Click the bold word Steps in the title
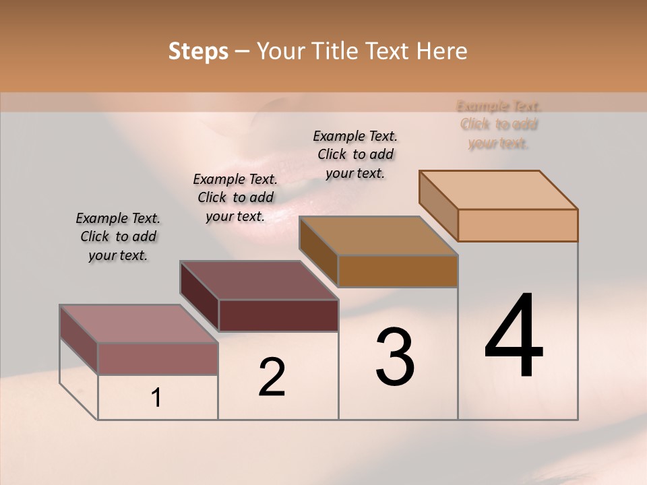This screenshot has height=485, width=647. (198, 51)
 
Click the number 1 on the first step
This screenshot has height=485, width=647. (156, 398)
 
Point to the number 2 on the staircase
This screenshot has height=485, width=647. (272, 377)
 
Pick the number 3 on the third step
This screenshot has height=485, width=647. (395, 357)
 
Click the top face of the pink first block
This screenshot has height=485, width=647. (139, 324)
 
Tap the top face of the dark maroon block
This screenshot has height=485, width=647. (259, 280)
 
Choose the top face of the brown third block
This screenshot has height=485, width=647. (379, 236)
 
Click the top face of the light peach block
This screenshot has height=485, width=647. (499, 190)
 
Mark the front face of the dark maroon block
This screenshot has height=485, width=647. (278, 315)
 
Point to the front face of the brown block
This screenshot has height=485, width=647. (398, 271)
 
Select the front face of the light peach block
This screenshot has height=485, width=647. (518, 225)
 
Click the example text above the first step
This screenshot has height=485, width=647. (118, 237)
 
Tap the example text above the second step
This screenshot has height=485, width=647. (235, 197)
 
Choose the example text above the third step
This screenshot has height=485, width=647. (355, 154)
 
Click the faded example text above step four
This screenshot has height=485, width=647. (499, 125)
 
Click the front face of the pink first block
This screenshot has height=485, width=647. (158, 358)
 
